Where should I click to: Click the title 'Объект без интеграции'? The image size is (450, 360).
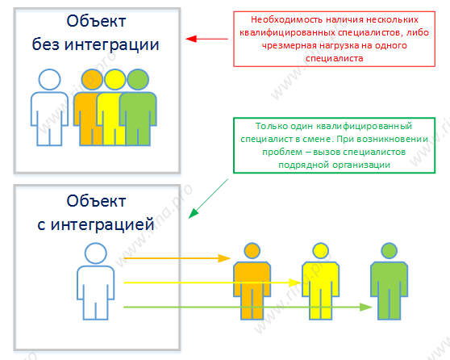click(x=96, y=33)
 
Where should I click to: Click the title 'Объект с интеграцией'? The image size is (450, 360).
click(x=96, y=212)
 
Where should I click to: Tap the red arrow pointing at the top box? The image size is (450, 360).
click(x=206, y=39)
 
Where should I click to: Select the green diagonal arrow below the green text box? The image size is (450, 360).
click(x=208, y=199)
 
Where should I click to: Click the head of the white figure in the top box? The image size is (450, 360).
click(x=49, y=80)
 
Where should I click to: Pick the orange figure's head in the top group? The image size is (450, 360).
click(x=92, y=80)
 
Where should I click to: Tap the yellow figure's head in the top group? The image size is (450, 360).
click(x=115, y=80)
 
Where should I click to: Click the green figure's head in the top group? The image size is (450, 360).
click(x=138, y=80)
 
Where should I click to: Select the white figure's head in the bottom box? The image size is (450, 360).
click(x=96, y=253)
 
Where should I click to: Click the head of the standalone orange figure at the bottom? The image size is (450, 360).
click(x=252, y=250)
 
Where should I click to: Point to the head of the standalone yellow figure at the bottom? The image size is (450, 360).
click(x=320, y=250)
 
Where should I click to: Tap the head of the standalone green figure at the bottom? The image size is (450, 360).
click(x=389, y=250)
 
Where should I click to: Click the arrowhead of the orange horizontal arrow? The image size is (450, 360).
click(x=224, y=258)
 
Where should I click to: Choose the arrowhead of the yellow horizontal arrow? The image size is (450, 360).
click(x=294, y=283)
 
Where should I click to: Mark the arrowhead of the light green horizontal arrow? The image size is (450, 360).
click(x=366, y=308)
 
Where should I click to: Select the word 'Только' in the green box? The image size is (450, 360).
click(x=271, y=126)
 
